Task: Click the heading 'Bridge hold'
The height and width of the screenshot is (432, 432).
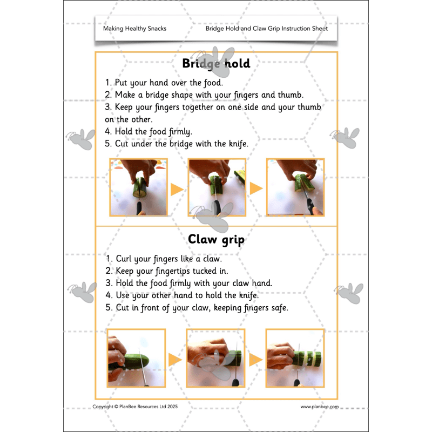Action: pos(216,64)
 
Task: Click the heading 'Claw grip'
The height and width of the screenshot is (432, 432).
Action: pos(216,239)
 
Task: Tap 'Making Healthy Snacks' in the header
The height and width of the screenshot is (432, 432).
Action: pos(134,29)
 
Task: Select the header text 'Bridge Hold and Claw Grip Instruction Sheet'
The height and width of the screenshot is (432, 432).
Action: pos(266,29)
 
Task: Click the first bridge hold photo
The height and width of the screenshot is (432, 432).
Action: pos(138,187)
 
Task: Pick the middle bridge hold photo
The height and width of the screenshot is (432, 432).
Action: pos(217,187)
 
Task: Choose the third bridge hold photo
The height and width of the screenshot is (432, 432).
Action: pos(295,187)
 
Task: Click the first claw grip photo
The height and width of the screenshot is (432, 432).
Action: pos(136,358)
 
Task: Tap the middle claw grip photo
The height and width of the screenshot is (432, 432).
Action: pos(215,358)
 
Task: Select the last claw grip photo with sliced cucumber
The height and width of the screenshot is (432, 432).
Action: pos(295,358)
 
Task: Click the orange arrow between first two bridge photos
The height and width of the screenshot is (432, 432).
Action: pos(177,190)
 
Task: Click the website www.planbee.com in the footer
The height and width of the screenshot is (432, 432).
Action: pos(320,407)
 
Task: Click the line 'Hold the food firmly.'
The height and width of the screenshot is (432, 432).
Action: pos(148,131)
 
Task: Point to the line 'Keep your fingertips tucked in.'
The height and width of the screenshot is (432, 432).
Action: pos(167,271)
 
